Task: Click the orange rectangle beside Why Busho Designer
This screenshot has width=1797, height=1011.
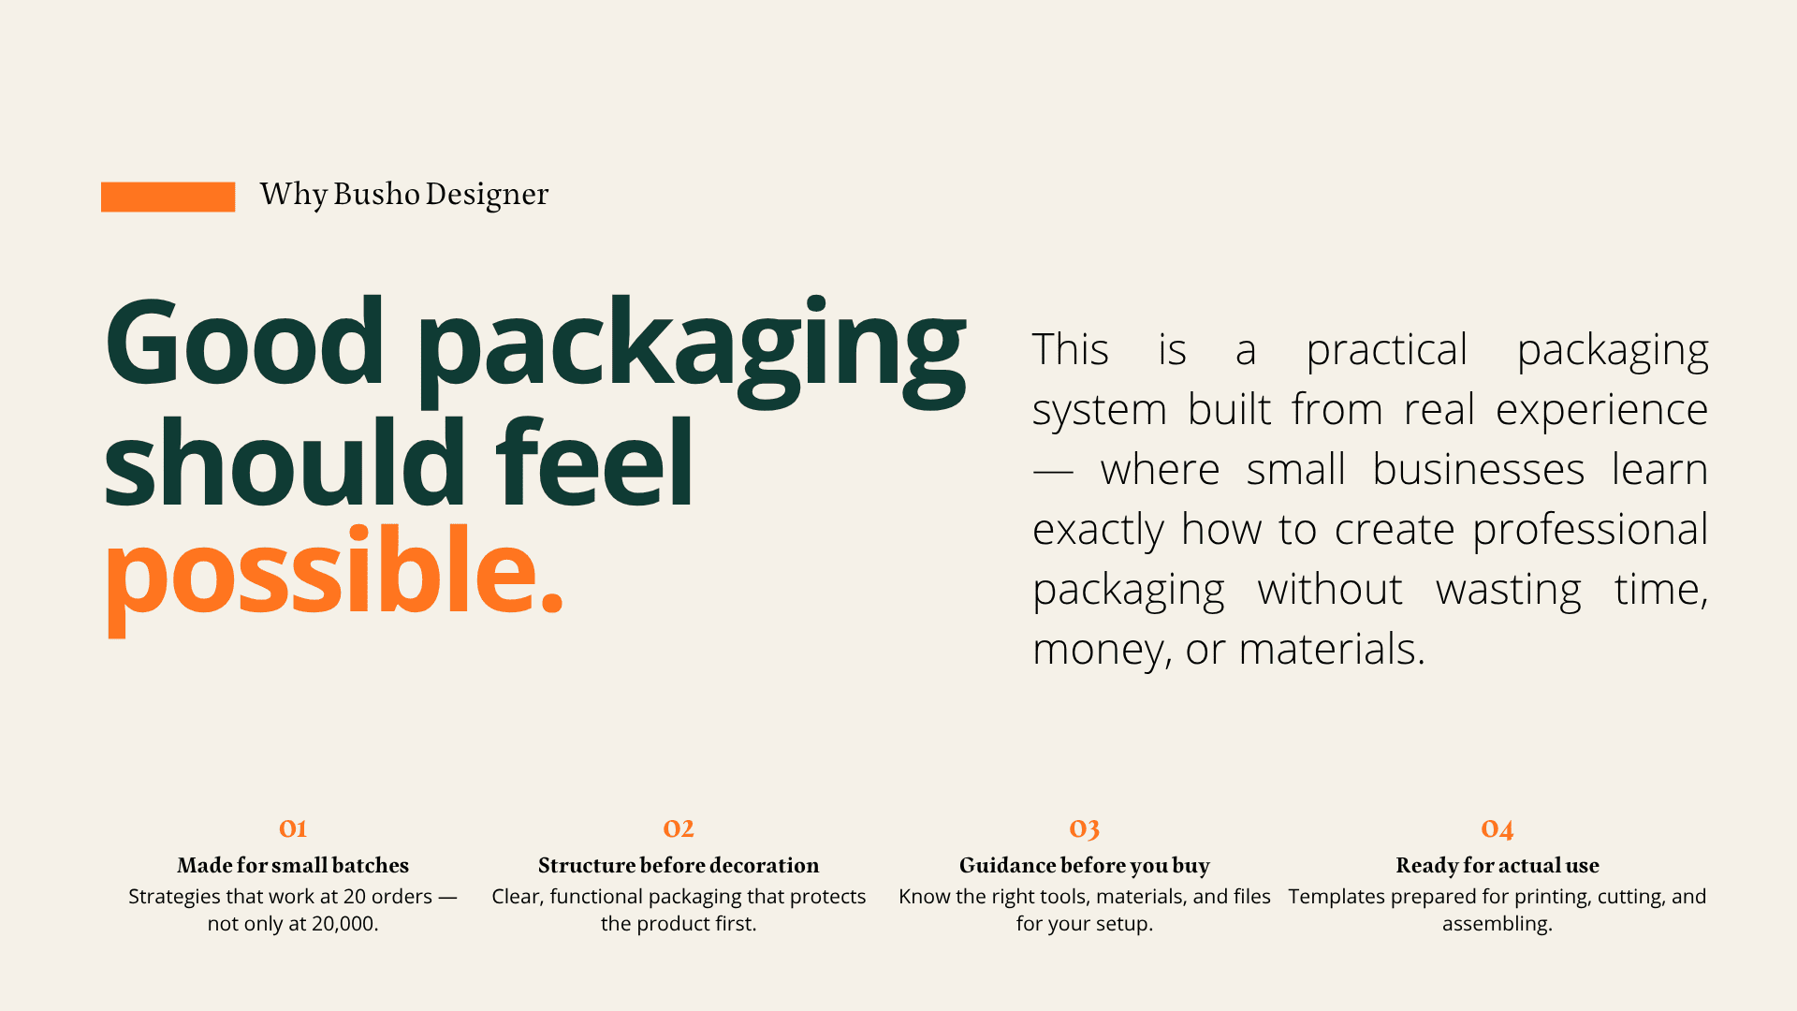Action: pos(168,197)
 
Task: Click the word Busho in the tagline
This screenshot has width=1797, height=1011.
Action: pos(376,194)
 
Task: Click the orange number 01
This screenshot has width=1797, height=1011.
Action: pos(293,828)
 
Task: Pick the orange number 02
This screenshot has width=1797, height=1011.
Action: pos(679,828)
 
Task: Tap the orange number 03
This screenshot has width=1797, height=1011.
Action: pos(1085,829)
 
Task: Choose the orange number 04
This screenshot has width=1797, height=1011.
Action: pos(1497,829)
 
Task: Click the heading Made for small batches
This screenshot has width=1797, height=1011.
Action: pos(293,865)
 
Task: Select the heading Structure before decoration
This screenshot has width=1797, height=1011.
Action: pos(679,865)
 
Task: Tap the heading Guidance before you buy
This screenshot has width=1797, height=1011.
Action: pos(1085,866)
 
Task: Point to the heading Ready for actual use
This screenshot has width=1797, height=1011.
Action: pos(1497,865)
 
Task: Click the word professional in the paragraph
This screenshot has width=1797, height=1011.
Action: pos(1590,530)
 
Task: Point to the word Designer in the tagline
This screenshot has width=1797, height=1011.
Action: pos(487,195)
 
